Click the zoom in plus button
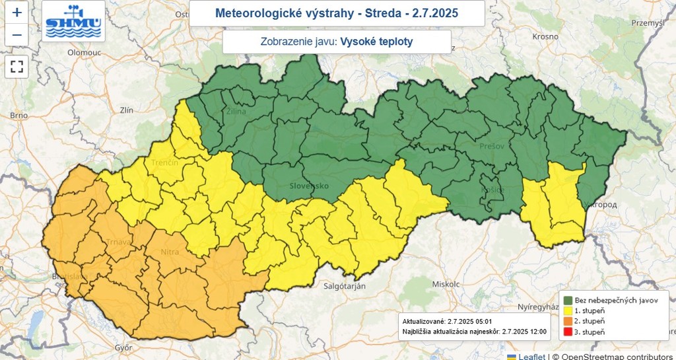(x=17, y=12)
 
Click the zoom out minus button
(x=17, y=35)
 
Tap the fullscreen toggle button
(x=17, y=66)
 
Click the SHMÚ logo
(x=73, y=21)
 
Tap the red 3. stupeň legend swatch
(x=566, y=332)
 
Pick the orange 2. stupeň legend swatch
(x=566, y=321)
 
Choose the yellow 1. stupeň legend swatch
(x=566, y=310)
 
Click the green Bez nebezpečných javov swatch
(x=566, y=300)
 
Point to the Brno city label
(x=18, y=116)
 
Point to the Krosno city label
(x=546, y=36)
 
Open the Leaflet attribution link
(x=531, y=356)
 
